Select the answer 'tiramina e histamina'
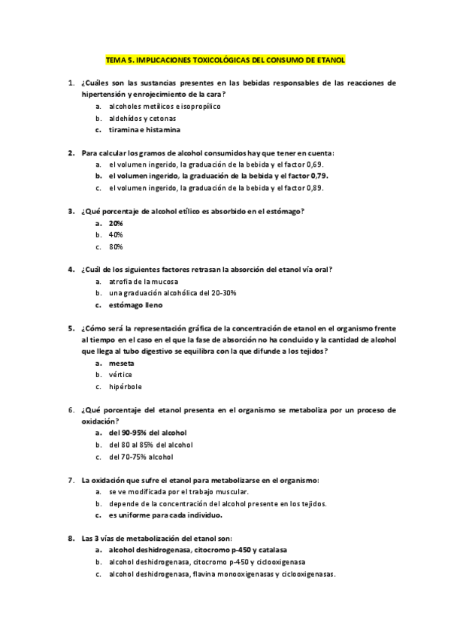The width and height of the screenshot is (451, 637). (144, 130)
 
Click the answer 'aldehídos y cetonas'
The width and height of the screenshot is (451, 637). (142, 119)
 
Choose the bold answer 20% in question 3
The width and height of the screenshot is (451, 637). (116, 224)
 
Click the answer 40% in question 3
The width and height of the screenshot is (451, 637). (116, 235)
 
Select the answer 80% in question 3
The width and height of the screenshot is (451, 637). (116, 246)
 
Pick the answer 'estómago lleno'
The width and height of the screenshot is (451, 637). (135, 306)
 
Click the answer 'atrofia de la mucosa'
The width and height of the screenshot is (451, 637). (144, 282)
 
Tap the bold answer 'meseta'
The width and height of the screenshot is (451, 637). (122, 364)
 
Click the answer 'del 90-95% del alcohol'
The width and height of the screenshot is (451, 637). (147, 433)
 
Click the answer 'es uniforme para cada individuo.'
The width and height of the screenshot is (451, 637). (169, 516)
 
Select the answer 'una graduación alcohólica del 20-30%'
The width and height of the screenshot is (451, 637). (172, 293)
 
